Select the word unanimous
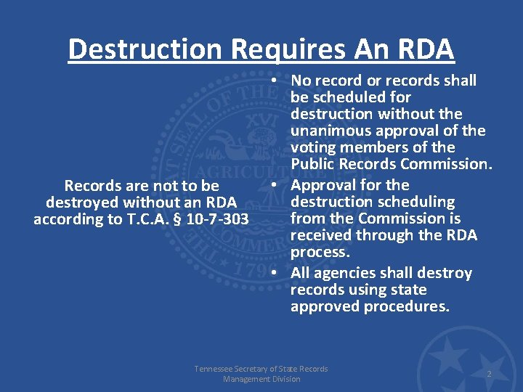click(x=325, y=131)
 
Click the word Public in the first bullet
click(x=313, y=164)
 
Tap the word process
click(x=320, y=252)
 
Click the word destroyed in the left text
click(x=84, y=203)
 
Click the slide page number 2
click(x=489, y=374)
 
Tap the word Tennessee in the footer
click(x=216, y=369)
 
